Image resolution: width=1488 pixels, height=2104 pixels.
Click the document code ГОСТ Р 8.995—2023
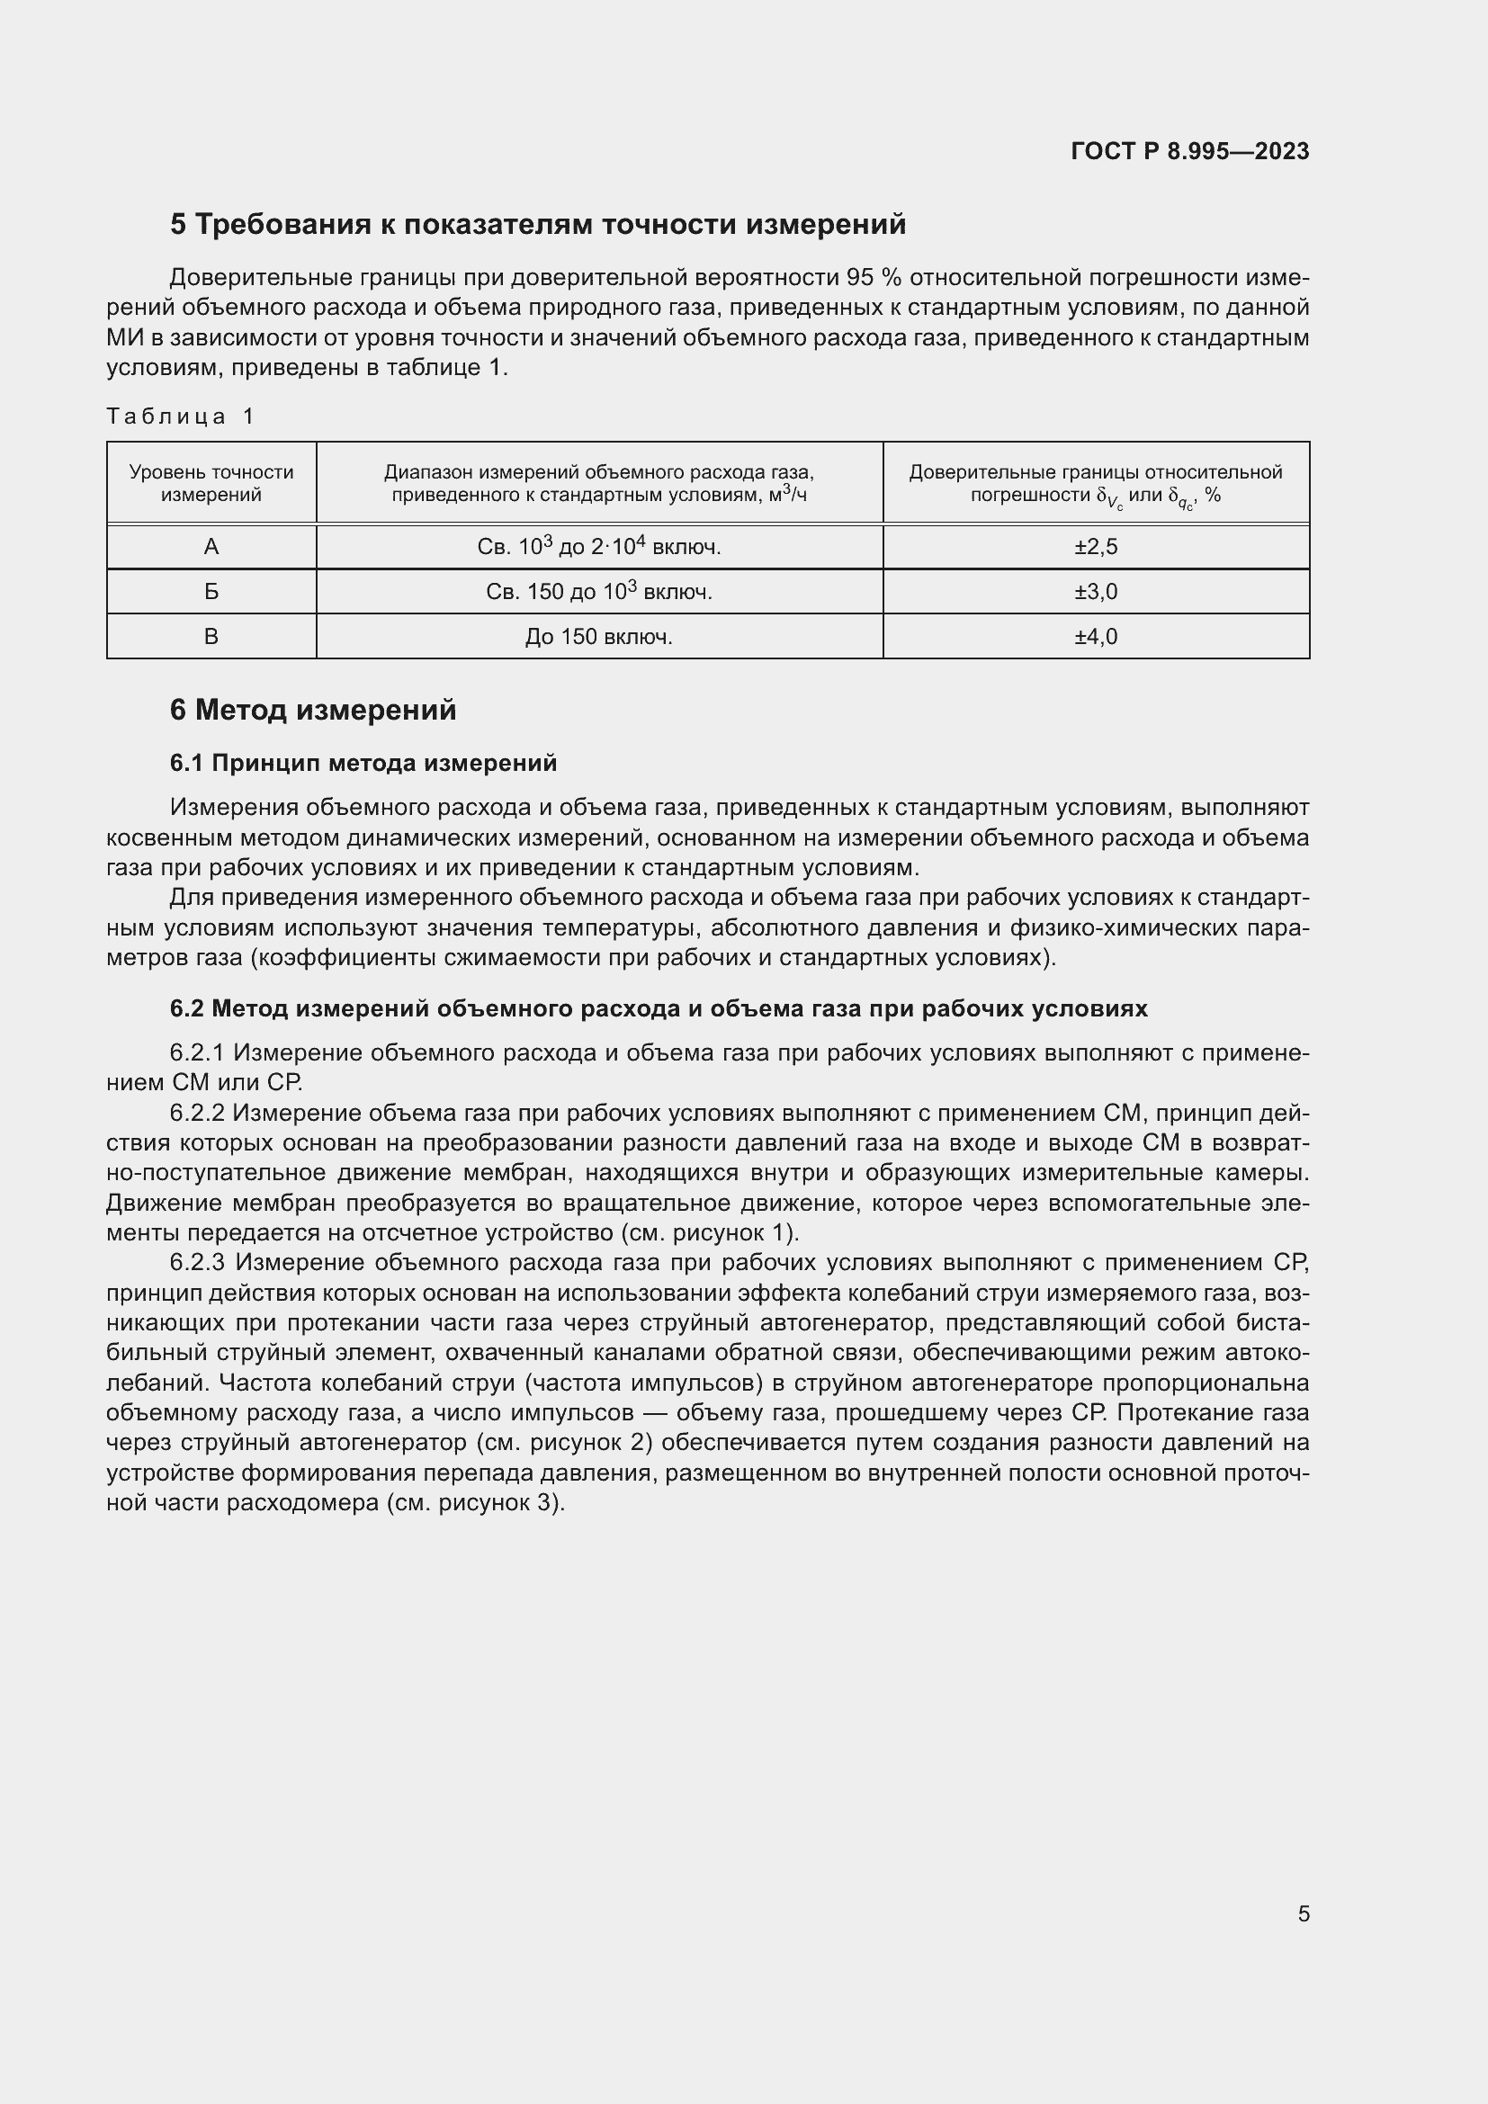click(x=1189, y=151)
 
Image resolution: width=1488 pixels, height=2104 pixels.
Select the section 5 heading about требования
click(x=538, y=225)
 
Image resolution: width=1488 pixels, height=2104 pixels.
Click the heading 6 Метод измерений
click(x=312, y=711)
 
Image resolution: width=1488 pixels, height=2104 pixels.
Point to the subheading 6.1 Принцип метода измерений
click(x=363, y=763)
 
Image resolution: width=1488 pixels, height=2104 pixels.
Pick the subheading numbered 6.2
click(x=658, y=1008)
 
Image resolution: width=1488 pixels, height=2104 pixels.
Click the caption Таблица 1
click(x=180, y=416)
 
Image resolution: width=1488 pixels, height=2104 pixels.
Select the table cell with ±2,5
click(x=1096, y=547)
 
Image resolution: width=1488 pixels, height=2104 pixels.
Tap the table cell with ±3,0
click(x=1096, y=592)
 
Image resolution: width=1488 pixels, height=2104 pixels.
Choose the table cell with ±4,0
click(x=1096, y=637)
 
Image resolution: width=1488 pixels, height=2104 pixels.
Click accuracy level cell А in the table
click(x=211, y=547)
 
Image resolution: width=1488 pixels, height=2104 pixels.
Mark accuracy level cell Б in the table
click(x=211, y=592)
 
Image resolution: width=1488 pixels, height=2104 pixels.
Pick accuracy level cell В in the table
click(x=211, y=637)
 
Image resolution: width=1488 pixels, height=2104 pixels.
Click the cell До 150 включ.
click(x=598, y=637)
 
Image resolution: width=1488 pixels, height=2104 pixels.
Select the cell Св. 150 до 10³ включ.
click(x=598, y=592)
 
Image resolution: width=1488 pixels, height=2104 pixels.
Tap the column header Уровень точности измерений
click(x=211, y=483)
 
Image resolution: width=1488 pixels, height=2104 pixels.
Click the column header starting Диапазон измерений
click(x=598, y=483)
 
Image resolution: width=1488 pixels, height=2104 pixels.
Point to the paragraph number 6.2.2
click(x=197, y=1113)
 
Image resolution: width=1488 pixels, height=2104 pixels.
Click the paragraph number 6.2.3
click(x=197, y=1263)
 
